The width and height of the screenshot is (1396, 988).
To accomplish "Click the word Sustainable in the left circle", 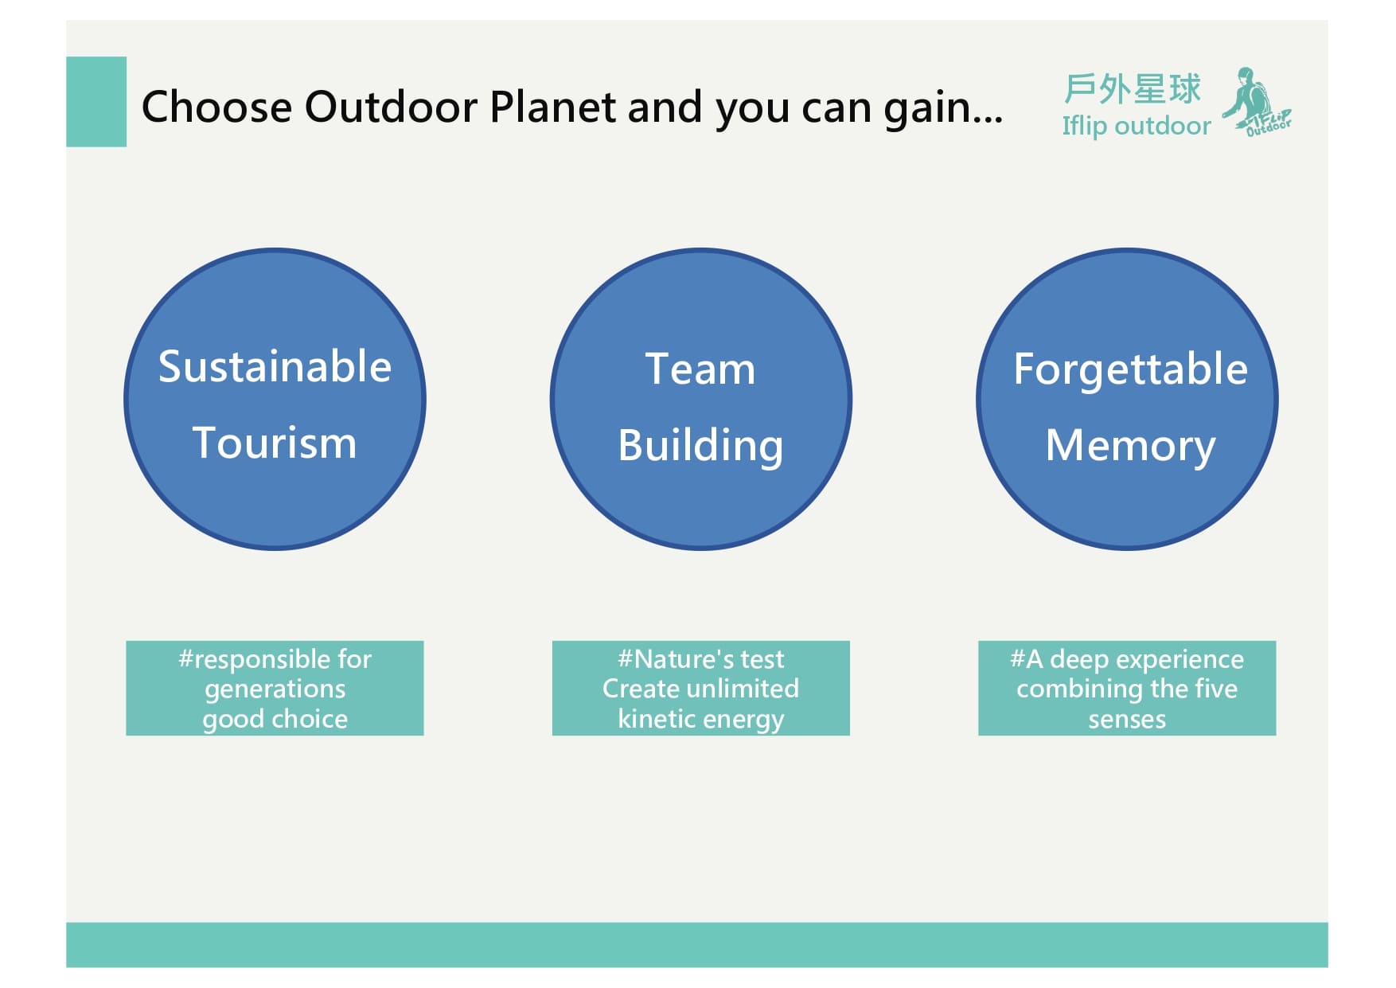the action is coord(275,367).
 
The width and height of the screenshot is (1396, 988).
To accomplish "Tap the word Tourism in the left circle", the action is coord(275,443).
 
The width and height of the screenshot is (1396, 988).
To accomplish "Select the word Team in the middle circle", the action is coord(700,369).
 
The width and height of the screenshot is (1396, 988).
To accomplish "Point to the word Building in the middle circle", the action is coord(700,446).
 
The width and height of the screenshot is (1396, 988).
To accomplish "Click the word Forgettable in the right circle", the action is coord(1130,369).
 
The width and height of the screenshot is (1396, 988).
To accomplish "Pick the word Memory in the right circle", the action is coord(1130,446).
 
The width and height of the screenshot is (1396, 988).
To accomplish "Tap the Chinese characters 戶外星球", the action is coord(1132,88).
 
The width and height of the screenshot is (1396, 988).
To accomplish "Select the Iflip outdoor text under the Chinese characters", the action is coord(1137,126).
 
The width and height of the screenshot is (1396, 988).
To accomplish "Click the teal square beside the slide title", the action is coord(96,102).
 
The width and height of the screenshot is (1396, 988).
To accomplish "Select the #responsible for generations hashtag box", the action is coord(275,688).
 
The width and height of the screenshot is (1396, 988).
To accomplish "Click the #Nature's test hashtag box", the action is coord(700,688).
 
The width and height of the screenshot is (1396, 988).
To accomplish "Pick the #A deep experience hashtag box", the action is coord(1127,688).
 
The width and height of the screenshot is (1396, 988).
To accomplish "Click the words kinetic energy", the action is coord(700,719).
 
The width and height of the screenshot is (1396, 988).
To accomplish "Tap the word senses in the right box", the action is coord(1127,720).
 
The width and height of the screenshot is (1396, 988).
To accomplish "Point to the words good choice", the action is coord(275,719).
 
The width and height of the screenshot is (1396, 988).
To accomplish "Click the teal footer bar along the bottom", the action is coord(697,945).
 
